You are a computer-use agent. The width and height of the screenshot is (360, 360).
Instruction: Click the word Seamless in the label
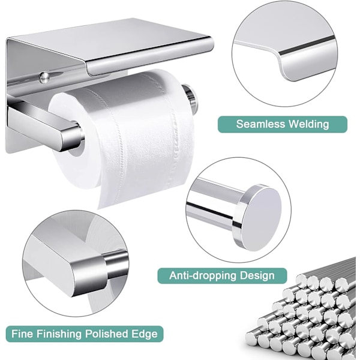coord(260,124)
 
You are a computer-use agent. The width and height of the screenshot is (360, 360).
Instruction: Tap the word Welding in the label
coord(308,124)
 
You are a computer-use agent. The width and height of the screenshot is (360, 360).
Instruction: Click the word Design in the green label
coord(257,276)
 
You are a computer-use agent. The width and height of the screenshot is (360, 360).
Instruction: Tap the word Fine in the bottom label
coord(22,334)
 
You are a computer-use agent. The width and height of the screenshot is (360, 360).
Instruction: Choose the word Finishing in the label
coord(59,334)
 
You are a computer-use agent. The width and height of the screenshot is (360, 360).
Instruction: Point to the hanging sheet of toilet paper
coord(145,179)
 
